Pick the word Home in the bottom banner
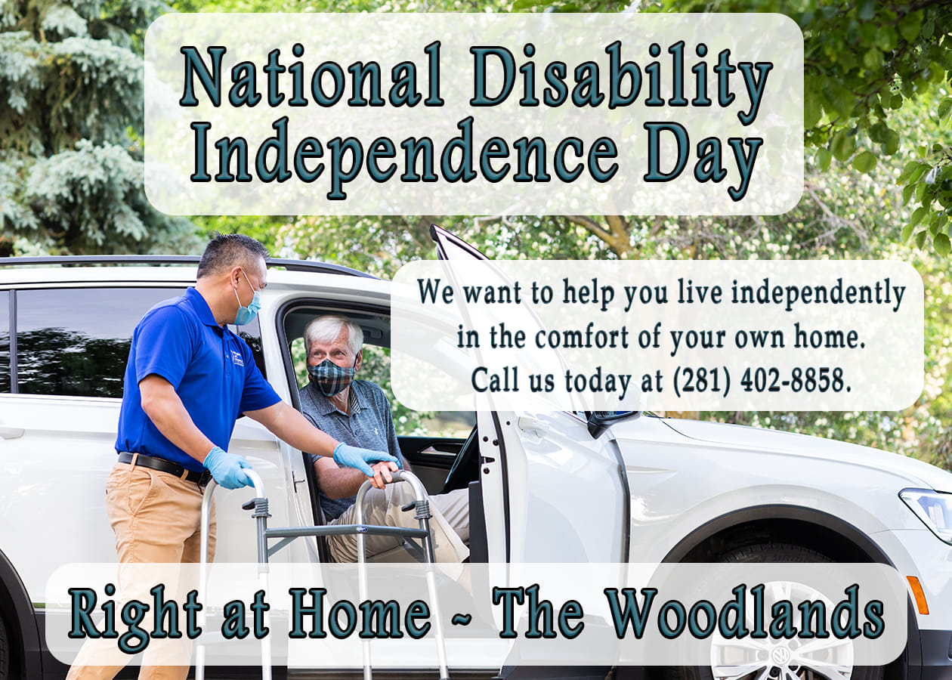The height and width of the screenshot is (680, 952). tap(360, 617)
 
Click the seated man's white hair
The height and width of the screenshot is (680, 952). tap(334, 332)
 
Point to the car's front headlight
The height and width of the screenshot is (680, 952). tap(929, 512)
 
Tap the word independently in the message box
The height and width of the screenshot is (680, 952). tap(818, 294)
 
